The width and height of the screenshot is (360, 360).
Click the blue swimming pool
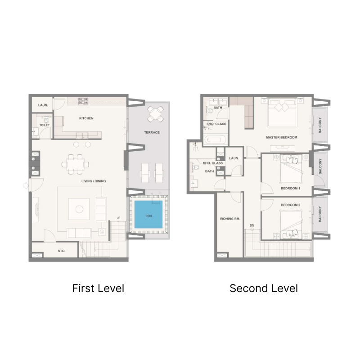148,216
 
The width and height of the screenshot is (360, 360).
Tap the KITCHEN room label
86,118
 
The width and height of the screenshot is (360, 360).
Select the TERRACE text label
152,133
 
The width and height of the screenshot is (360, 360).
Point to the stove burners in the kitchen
83,102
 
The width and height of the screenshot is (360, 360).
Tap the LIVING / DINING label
94,181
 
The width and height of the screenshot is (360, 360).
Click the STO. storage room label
62,251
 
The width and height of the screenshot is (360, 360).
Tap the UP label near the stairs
118,218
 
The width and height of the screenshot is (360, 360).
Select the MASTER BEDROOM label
282,137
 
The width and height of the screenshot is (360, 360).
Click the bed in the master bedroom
282,113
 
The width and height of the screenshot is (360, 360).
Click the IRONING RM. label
230,219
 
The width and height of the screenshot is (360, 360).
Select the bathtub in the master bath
215,139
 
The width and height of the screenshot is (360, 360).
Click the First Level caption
98,288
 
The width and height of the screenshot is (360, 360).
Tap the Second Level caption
264,288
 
